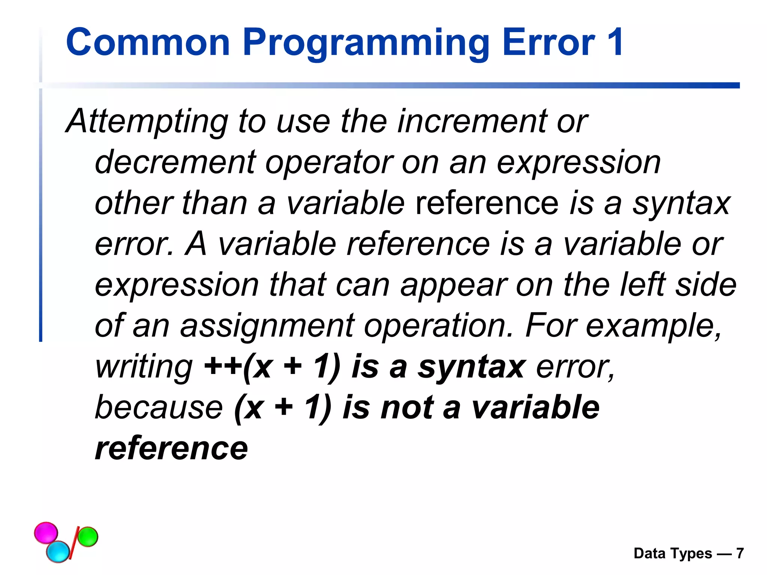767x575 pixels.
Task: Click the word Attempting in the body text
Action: pos(147,122)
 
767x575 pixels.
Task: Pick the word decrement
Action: pos(175,162)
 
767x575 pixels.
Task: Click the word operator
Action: pos(329,163)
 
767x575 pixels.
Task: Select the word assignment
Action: pos(267,326)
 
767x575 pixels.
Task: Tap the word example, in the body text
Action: pos(653,326)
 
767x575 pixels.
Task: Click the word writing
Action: pos(144,367)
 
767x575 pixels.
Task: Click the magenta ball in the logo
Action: pos(46,532)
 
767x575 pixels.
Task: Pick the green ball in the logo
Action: pos(88,536)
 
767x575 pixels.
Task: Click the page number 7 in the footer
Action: pos(740,553)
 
